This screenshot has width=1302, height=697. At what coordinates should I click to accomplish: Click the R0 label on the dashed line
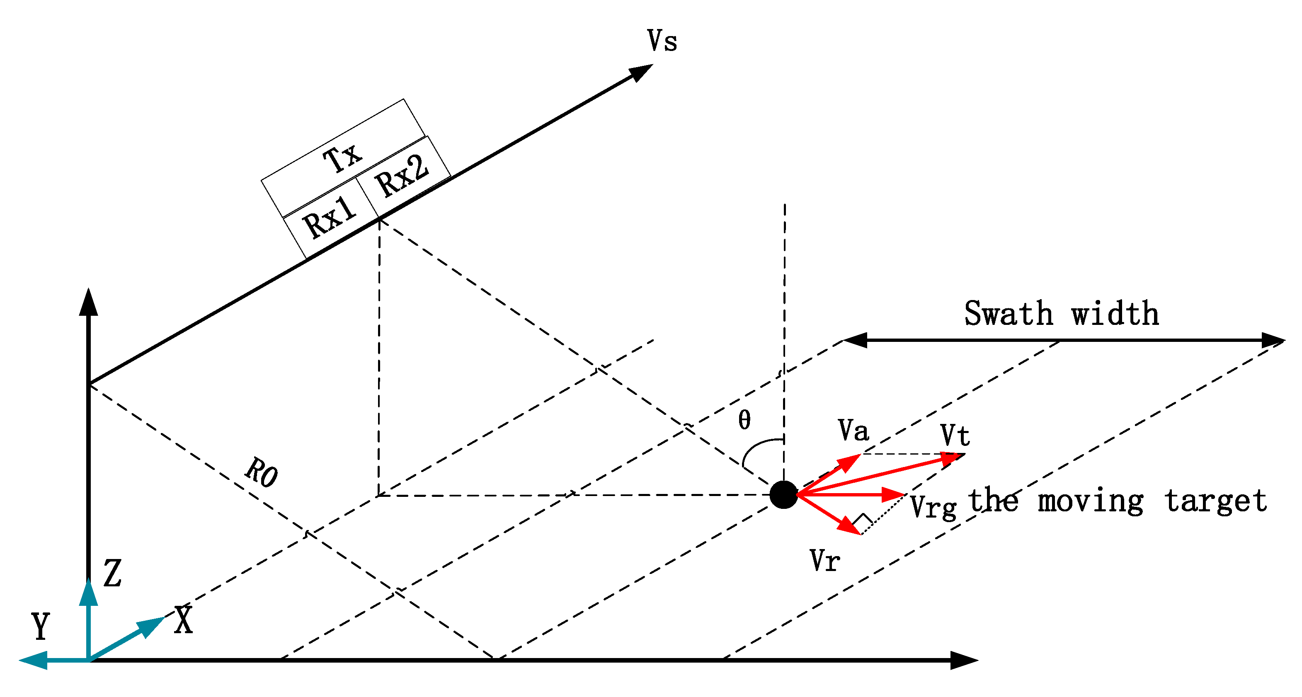coord(261,472)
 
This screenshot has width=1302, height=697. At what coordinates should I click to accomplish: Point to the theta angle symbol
coord(744,419)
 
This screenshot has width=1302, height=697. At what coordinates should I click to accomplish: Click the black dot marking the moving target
coord(783,494)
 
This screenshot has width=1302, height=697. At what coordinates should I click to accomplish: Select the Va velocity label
coord(853,430)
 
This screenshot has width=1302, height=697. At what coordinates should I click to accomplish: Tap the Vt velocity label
coord(955,435)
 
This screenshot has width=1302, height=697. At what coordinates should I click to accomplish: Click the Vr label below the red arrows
coord(825,560)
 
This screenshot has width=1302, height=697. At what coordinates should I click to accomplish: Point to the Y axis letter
coord(41,625)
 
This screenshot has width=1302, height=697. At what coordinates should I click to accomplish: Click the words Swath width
coord(1062,313)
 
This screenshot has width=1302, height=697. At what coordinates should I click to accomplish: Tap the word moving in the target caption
coord(1091,501)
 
